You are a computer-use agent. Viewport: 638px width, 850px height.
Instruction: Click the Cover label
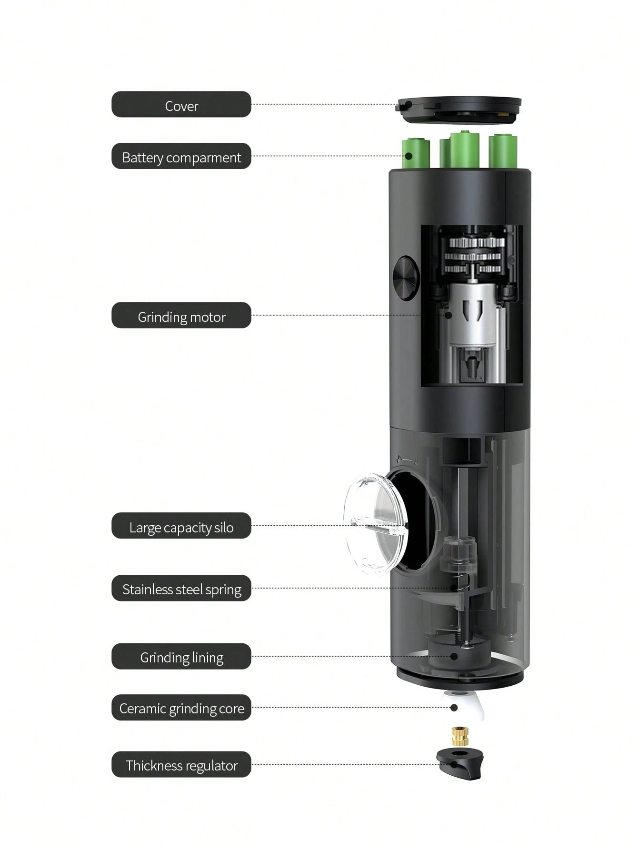coord(181,104)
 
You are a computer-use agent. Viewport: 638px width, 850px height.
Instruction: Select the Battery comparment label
coord(181,156)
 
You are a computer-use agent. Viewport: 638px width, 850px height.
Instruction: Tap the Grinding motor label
coord(181,315)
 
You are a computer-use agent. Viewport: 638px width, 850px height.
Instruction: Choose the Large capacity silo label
coord(181,526)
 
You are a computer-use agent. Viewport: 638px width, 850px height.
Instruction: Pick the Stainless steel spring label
coord(181,588)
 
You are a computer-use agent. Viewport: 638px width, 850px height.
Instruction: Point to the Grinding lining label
coord(181,657)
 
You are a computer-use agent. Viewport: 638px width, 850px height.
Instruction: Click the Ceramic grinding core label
coord(181,708)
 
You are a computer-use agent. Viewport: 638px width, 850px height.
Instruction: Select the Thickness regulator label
coord(181,765)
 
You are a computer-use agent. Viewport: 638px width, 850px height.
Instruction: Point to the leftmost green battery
coord(415,153)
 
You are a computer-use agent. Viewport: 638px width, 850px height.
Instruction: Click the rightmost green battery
coord(503,151)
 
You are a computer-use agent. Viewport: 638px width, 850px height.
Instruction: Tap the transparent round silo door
coord(374,521)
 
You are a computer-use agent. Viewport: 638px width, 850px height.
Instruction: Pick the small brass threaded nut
coord(459,736)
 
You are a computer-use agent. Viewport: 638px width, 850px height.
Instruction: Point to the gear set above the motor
coord(474,255)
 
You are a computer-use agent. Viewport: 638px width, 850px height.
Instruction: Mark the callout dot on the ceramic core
coord(454,708)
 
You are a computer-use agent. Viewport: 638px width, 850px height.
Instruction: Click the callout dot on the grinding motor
coord(448,315)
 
